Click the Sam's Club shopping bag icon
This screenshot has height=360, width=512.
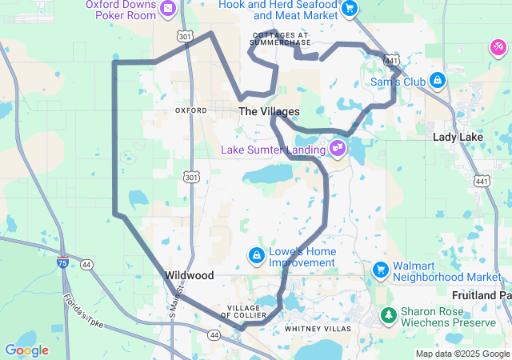point(438,81)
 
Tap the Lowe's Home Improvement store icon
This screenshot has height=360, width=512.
point(257,256)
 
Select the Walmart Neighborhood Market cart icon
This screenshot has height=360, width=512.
point(380,270)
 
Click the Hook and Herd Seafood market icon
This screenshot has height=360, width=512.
point(349,9)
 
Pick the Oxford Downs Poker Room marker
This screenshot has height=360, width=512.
point(168,9)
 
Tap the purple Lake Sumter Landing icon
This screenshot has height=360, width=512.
point(338,147)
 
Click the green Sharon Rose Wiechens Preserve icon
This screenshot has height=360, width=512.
point(388,316)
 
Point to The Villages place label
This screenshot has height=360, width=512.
point(269,112)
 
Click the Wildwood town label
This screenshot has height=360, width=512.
point(189,274)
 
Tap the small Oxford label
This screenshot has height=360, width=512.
point(190,110)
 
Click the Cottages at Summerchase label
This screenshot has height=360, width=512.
point(279,38)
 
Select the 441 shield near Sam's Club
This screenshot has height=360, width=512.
point(391,61)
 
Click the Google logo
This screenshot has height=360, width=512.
point(26,350)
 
